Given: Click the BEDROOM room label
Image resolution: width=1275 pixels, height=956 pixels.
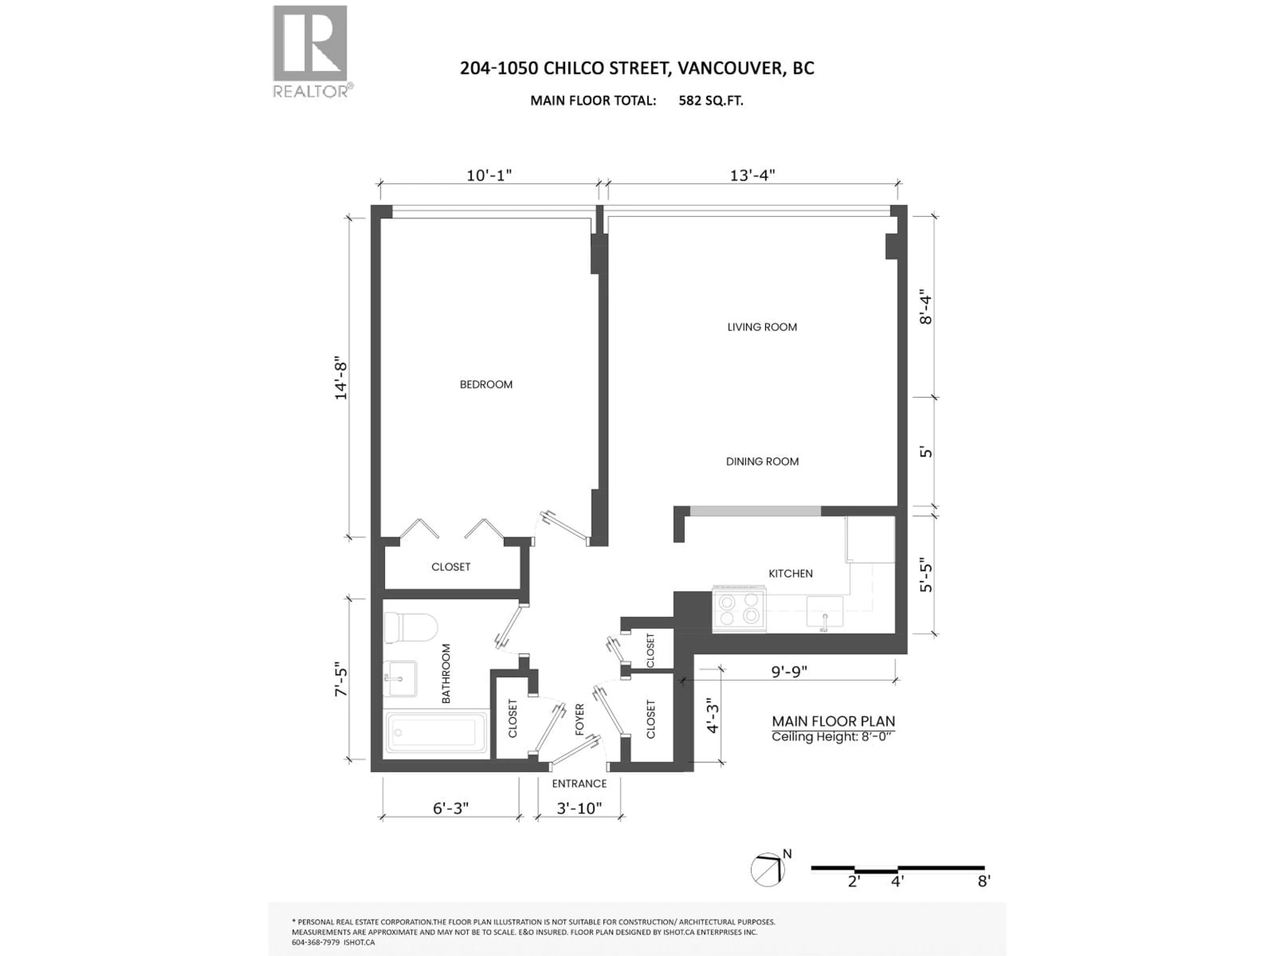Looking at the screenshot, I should coord(486,384).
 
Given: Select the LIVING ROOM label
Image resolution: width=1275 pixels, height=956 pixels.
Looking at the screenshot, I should coord(762,327).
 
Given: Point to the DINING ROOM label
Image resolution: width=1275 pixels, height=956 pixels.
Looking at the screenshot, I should coord(762,462).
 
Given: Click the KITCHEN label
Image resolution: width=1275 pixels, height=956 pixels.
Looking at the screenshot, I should coord(790,573).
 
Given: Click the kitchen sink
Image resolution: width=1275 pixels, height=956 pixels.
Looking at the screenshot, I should coord(824,612).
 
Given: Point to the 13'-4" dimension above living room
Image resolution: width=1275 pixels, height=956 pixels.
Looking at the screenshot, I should coord(752,175).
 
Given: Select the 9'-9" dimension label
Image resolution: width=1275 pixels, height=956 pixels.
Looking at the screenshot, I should coord(789,672).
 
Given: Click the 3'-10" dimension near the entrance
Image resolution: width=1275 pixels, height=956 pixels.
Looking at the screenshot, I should coord(579,809).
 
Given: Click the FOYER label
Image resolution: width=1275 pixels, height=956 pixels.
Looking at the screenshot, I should coord(580,720).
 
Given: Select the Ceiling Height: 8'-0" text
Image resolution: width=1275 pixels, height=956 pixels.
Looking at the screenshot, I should coord(833,737).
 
